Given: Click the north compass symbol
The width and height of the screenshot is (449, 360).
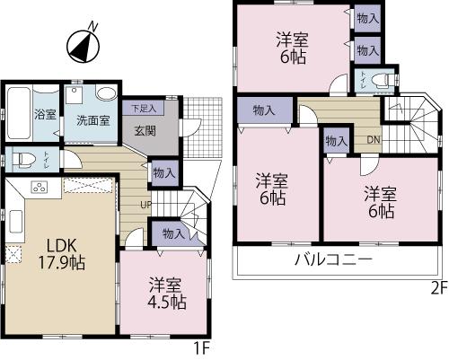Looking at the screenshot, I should (x=83, y=45).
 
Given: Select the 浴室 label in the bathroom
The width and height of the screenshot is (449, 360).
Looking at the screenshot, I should (x=45, y=115).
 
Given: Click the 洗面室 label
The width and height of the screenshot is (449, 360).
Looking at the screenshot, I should (x=92, y=119).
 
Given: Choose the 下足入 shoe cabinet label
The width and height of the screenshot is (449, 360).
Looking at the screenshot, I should (x=143, y=109).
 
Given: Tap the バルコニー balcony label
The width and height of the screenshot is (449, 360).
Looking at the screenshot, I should (x=334, y=260).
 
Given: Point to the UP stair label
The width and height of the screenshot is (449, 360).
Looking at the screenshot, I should (x=145, y=203).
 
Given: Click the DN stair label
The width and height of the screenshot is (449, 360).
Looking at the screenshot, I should (x=373, y=141).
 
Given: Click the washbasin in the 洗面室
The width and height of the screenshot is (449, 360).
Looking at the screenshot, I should (x=105, y=92).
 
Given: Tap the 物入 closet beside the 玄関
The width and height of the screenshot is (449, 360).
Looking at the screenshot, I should (x=163, y=171).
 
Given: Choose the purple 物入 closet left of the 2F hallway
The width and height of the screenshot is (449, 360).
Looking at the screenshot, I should (x=264, y=111).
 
